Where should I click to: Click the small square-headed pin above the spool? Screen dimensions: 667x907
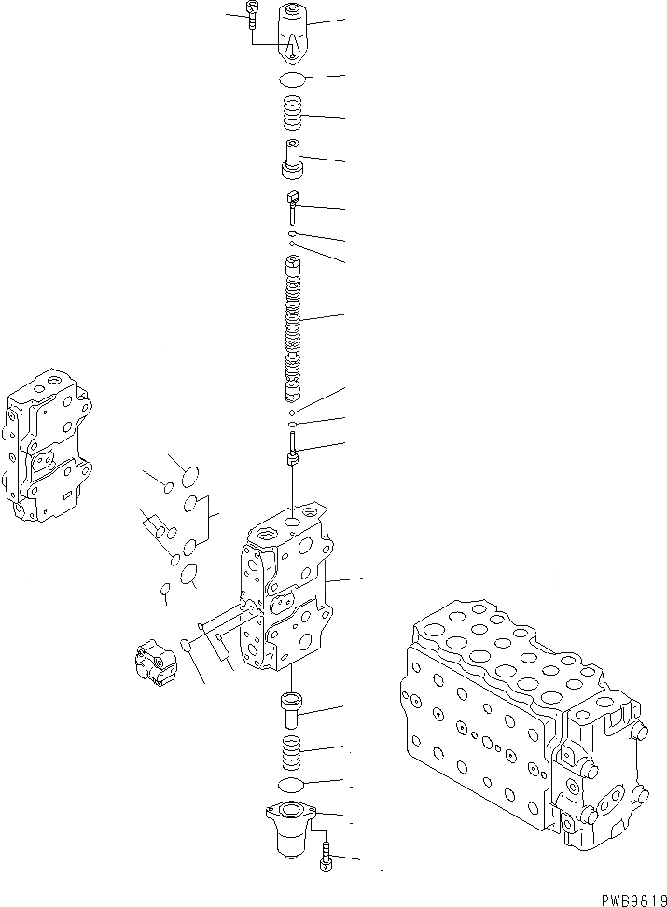pyautogui.click(x=291, y=202)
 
